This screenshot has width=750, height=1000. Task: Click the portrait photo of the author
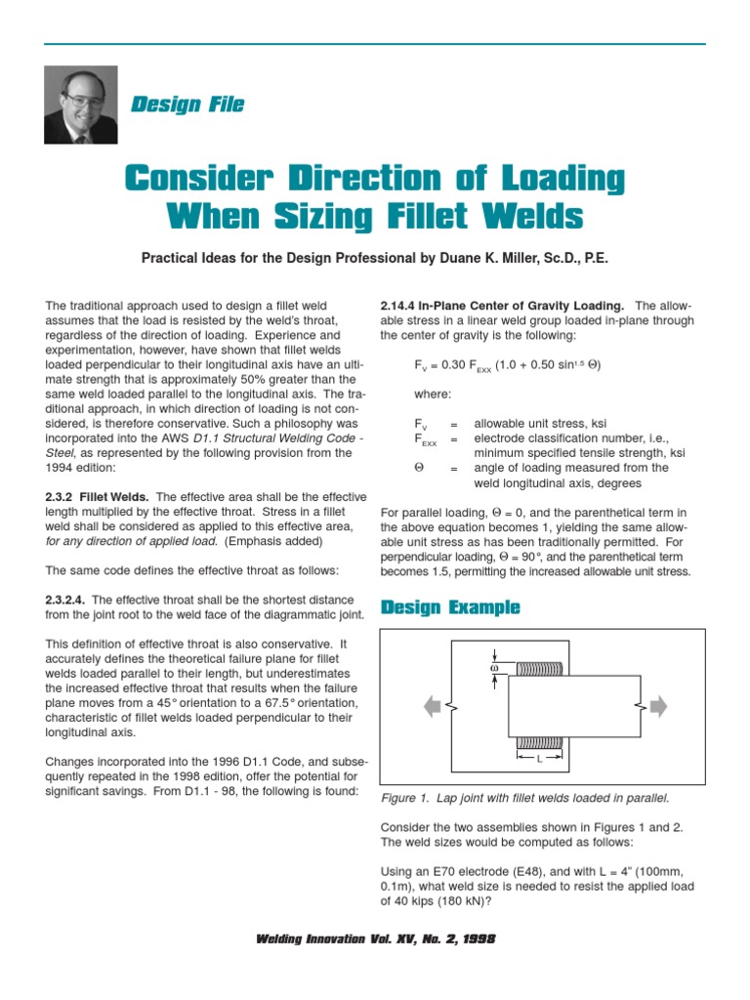point(81,104)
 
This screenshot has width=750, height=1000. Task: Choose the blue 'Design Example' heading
point(450,607)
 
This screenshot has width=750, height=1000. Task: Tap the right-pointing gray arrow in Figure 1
point(658,705)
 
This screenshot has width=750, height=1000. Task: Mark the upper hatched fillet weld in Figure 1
point(539,669)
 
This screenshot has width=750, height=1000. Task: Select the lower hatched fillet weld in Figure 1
point(539,743)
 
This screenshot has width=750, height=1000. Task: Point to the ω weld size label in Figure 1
point(495,668)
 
